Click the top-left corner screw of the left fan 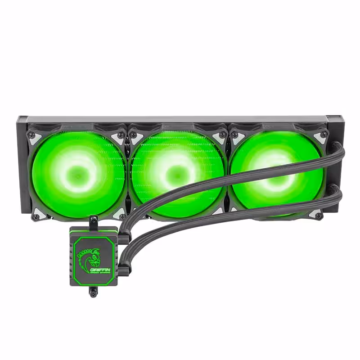pyautogui.click(x=31, y=135)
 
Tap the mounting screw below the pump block pyautogui.click(x=93, y=293)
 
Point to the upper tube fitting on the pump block pyautogui.click(x=123, y=237)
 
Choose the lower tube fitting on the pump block pyautogui.click(x=123, y=268)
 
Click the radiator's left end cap pyautogui.click(x=22, y=164)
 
